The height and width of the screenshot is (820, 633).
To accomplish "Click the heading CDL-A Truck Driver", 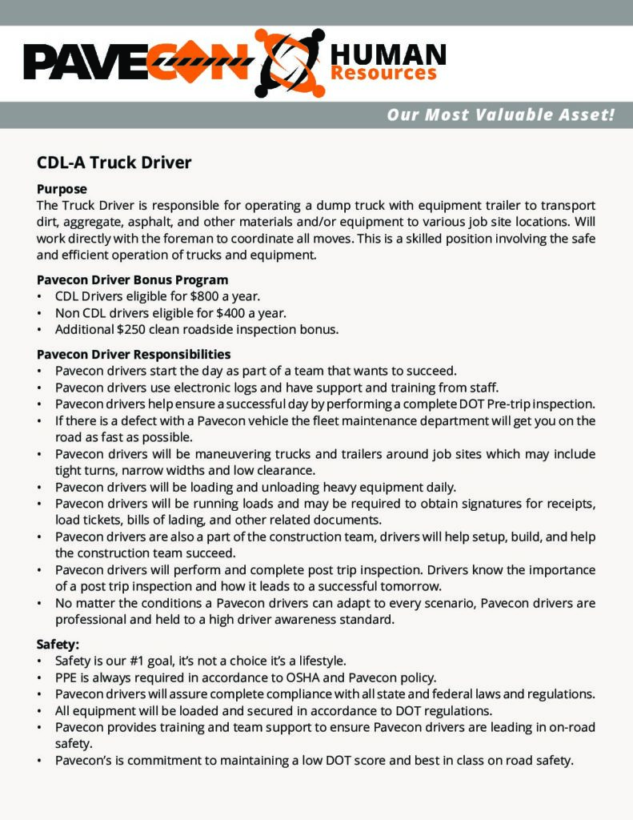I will (114, 163).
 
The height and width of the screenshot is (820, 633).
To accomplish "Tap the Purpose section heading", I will (62, 190).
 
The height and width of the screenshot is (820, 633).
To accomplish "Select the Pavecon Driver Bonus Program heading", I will (133, 279).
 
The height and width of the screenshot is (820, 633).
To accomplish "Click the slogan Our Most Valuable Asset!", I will (501, 115).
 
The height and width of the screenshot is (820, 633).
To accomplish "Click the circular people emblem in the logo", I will (288, 62).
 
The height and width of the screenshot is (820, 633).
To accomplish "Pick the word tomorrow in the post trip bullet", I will (367, 586).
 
